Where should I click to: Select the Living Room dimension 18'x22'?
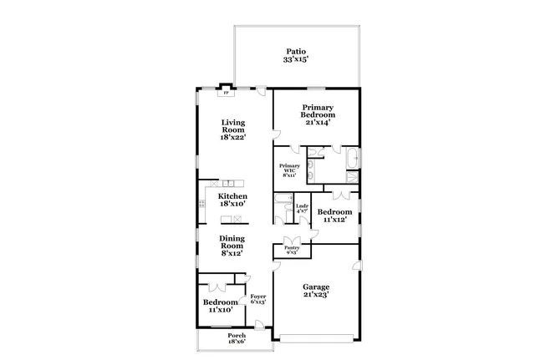pyautogui.click(x=233, y=137)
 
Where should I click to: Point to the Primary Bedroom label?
pyautogui.click(x=318, y=108)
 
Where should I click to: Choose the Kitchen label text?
pyautogui.click(x=233, y=196)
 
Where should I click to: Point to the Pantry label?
pyautogui.click(x=292, y=248)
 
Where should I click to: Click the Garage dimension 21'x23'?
pyautogui.click(x=316, y=293)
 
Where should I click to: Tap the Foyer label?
pyautogui.click(x=257, y=297)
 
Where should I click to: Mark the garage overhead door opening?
pyautogui.click(x=316, y=337)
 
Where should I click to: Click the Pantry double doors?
pyautogui.click(x=292, y=239)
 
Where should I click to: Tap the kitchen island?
pyautogui.click(x=232, y=220)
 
